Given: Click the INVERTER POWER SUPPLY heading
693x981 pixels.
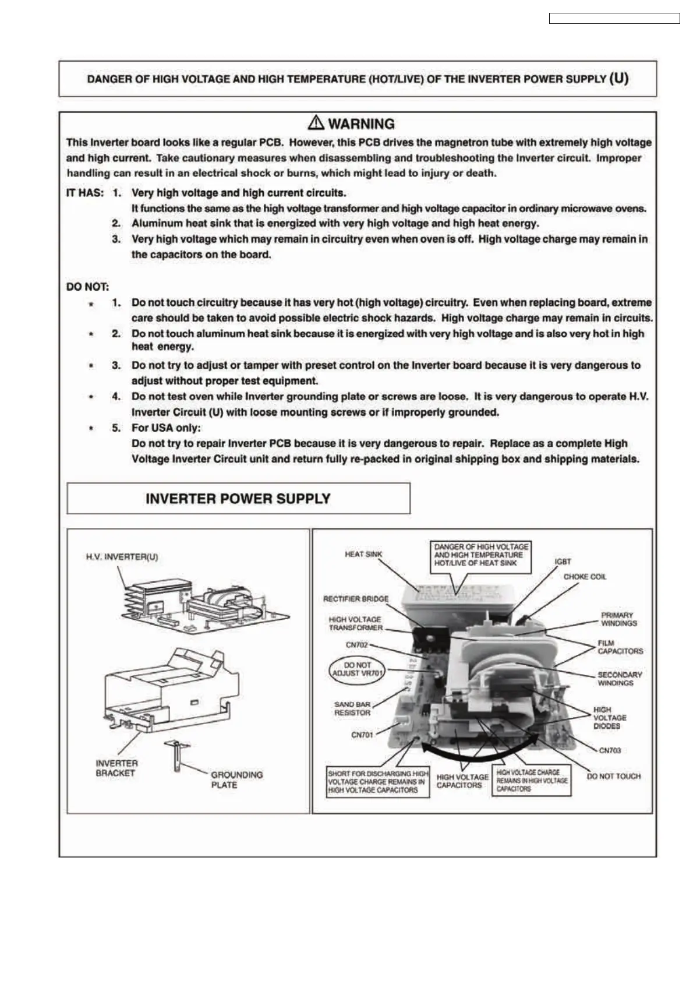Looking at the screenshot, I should [238, 499].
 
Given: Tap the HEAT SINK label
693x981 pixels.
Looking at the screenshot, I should [363, 554].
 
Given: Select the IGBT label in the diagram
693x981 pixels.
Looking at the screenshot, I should [563, 561].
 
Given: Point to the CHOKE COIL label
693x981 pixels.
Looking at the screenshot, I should [585, 576].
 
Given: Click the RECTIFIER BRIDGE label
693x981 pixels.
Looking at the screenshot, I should [356, 598].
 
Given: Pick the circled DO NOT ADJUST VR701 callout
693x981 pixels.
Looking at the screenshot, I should [358, 669].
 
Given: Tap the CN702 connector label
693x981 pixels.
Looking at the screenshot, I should [356, 645].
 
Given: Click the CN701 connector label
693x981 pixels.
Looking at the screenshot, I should [362, 735].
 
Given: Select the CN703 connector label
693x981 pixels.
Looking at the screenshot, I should [610, 750].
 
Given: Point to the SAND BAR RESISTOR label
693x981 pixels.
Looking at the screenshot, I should [352, 708].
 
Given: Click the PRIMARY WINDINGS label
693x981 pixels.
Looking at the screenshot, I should [618, 619].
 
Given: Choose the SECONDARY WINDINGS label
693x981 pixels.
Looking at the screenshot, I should [620, 679].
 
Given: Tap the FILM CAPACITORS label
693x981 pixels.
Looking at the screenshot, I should [620, 647].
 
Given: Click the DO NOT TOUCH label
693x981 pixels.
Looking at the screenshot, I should [613, 776].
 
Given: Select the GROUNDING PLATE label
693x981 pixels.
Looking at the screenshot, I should [236, 779].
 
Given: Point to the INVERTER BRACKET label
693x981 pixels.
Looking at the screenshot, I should [116, 768].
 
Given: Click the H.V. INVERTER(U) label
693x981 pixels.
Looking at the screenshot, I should [122, 556].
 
